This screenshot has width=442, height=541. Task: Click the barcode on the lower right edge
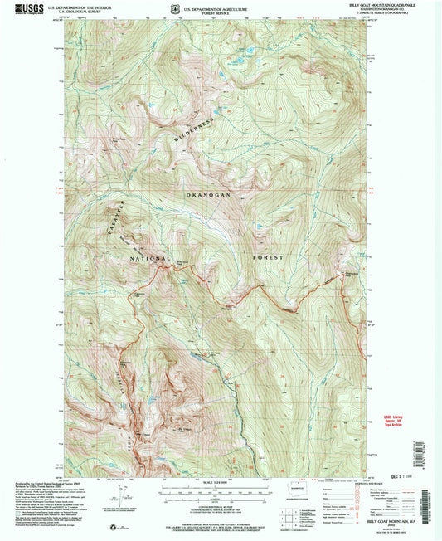[x=438, y=498]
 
